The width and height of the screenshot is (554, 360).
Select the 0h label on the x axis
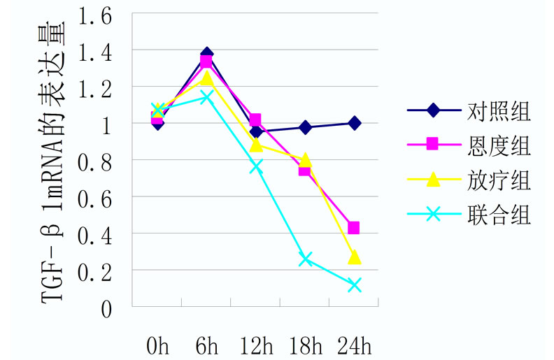158,345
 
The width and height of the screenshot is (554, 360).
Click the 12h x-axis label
256,345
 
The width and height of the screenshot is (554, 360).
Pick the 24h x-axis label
354,345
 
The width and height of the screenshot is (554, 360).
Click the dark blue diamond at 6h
206,54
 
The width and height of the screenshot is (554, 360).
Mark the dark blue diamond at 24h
354,123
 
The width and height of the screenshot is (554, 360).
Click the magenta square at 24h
354,228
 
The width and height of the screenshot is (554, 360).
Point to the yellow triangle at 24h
354,257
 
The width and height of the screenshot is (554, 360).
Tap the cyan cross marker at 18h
305,259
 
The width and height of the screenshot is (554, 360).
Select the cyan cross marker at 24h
354,285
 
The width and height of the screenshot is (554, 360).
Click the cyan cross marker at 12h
256,166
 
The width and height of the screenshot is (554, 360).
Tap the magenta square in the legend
432,145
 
